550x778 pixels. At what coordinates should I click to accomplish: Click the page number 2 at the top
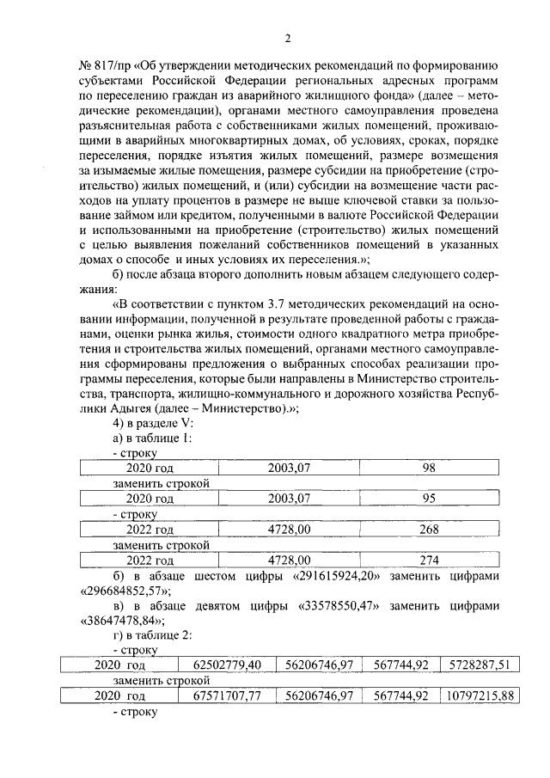click(x=288, y=38)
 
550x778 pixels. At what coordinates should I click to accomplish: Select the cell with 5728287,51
click(x=479, y=665)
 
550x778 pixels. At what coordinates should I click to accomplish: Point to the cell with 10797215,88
click(x=479, y=696)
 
